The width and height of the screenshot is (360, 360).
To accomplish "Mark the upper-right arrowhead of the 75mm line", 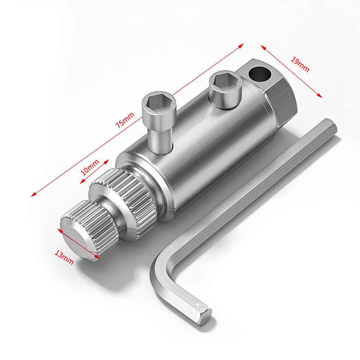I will click(242, 44).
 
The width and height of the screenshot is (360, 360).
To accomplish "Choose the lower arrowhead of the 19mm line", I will click(321, 95).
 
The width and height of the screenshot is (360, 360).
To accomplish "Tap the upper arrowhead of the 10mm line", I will click(108, 159).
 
